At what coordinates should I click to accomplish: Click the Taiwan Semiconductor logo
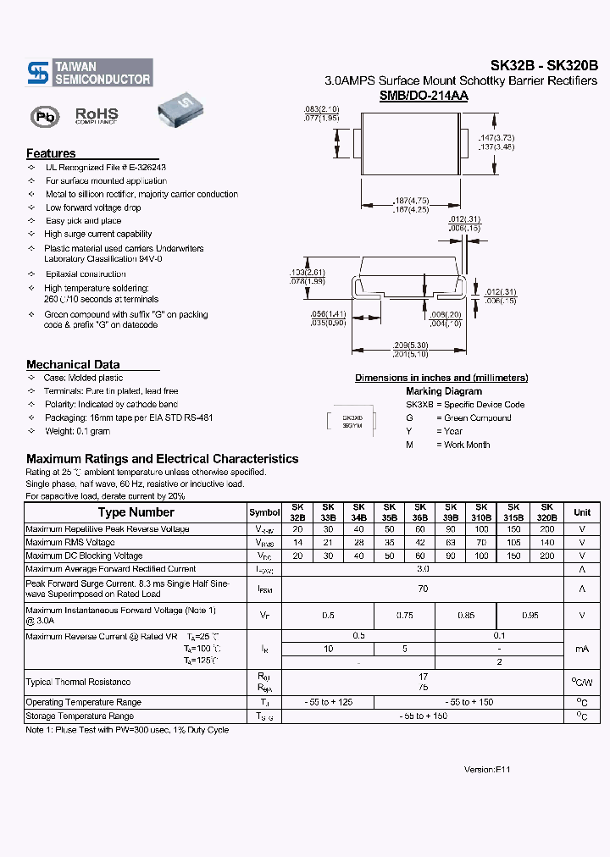pos(89,73)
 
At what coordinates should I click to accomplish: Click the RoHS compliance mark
pos(97,115)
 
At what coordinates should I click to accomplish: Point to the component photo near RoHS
pos(180,112)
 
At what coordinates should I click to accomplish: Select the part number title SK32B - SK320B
pos(544,65)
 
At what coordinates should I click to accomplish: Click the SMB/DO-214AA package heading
pos(424,97)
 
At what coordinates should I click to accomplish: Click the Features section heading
pos(51,153)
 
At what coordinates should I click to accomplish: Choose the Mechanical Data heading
pos(73,364)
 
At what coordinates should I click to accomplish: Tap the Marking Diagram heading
pos(443,391)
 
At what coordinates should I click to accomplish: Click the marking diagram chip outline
pos(352,422)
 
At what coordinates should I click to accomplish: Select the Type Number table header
pos(136,512)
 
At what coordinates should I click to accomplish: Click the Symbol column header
pos(264,512)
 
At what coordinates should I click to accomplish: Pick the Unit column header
pos(582,512)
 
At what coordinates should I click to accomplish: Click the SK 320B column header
pos(546,511)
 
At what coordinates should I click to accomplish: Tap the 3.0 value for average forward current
pos(423,569)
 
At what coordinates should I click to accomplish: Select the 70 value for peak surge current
pos(423,589)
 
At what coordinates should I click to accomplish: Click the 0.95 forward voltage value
pos(530,616)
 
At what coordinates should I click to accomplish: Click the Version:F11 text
pos(487,770)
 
